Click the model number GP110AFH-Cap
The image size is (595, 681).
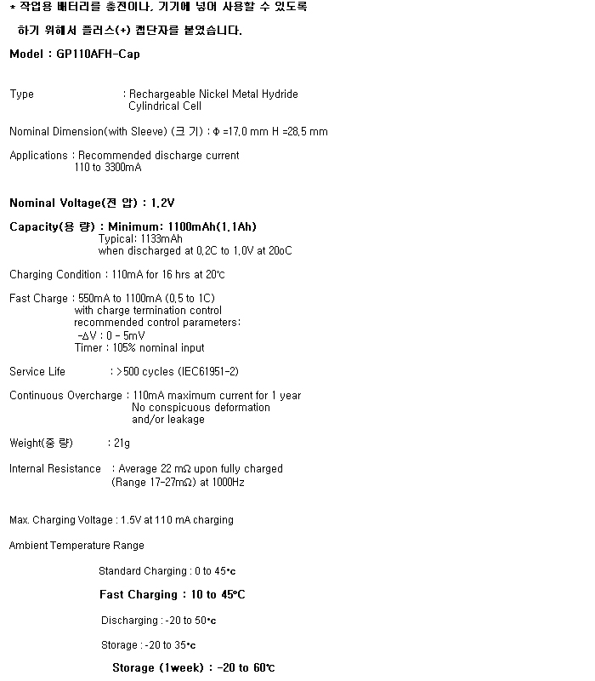pyautogui.click(x=97, y=54)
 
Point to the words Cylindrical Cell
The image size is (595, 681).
pyautogui.click(x=165, y=106)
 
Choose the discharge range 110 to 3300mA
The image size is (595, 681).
pyautogui.click(x=108, y=168)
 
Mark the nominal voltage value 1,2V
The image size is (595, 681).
pyautogui.click(x=162, y=203)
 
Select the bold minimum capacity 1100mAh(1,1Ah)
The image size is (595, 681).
pyautogui.click(x=212, y=227)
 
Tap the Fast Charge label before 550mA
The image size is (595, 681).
pyautogui.click(x=37, y=299)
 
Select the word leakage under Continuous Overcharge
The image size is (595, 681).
pyautogui.click(x=185, y=420)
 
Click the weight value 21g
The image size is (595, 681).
pyautogui.click(x=122, y=444)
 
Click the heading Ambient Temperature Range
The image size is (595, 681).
pyautogui.click(x=76, y=546)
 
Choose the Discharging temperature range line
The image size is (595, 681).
pyautogui.click(x=158, y=621)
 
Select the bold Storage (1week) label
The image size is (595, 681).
pyautogui.click(x=157, y=668)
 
